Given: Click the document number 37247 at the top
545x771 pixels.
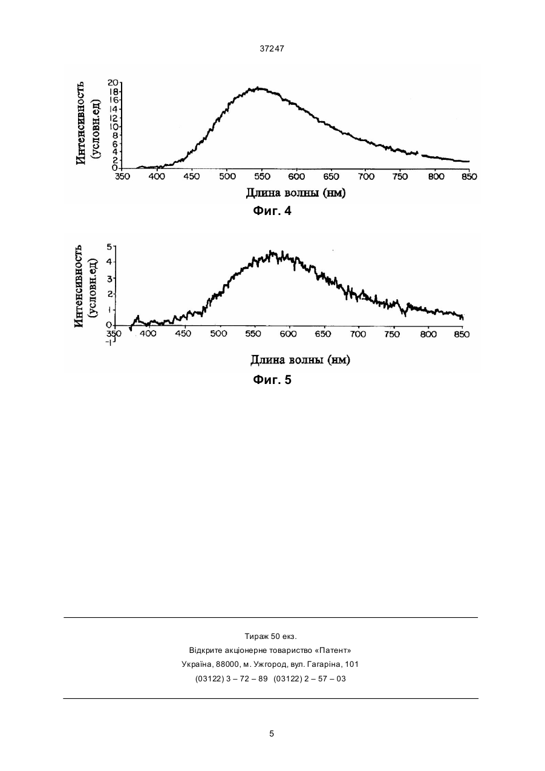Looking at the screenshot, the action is (272, 49).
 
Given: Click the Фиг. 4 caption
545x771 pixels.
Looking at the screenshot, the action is (272, 211).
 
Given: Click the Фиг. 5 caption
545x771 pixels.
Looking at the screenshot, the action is (272, 380).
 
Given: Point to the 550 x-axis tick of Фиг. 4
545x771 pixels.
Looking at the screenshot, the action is (262, 177).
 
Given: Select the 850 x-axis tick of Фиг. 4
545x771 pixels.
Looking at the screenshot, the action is (469, 177).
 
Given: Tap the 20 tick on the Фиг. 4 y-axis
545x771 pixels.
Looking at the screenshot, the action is (113, 82).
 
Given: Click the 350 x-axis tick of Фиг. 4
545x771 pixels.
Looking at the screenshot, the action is (122, 177).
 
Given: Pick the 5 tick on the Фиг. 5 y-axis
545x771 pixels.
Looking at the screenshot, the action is (109, 247).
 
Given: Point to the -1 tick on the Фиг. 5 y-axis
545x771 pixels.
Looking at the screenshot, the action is (109, 343).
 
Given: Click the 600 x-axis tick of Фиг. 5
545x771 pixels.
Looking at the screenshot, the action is (288, 334).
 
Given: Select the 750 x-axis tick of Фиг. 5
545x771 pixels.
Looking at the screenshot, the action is (393, 334).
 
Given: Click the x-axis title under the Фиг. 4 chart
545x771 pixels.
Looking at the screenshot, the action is (296, 193).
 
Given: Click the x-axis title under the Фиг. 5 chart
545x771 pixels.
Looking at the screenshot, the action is (300, 360).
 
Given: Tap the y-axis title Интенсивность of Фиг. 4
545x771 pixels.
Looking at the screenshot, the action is (80, 123).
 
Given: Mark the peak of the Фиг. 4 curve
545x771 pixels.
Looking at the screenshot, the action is (258, 88).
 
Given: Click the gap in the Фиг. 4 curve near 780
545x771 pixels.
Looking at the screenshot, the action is (420, 154).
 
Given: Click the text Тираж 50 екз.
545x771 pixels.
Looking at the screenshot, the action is (270, 637).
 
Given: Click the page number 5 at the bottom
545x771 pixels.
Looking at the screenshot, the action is (272, 734).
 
